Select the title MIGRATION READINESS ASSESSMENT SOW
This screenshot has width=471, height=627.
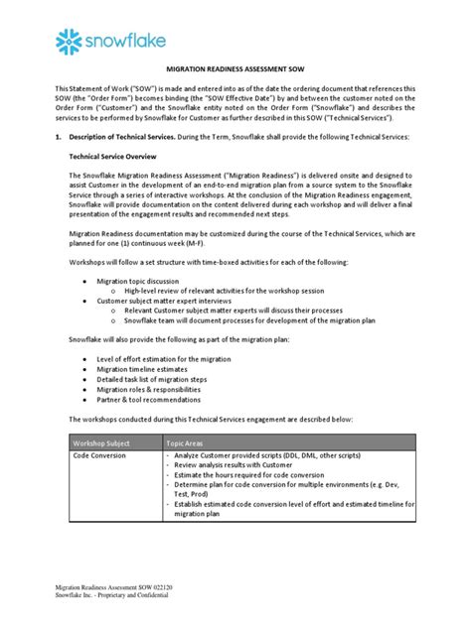235,73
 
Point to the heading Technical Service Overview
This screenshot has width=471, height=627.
117,156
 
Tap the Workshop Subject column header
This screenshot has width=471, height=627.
104,442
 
